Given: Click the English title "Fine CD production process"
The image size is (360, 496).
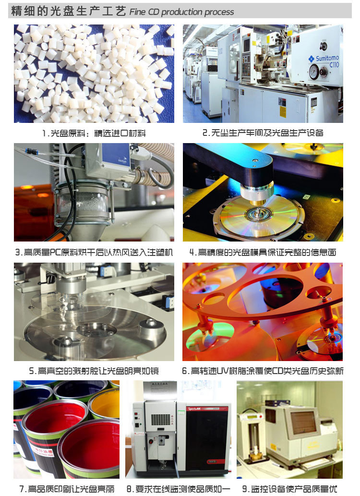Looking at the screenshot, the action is (x=181, y=12).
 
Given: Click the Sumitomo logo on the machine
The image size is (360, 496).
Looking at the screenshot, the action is (x=324, y=58).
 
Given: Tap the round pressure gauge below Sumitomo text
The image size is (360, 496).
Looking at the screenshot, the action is (x=314, y=72).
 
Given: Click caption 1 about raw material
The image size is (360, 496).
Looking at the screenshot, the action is (x=94, y=133).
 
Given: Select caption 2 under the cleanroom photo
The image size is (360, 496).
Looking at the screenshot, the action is (x=263, y=133).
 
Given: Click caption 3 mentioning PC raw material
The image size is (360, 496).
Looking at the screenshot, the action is (x=94, y=252).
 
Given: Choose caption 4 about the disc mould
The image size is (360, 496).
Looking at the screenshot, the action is (x=263, y=252).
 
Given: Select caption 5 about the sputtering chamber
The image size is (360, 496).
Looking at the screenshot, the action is (x=94, y=371).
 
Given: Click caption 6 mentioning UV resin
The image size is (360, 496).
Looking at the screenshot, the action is (x=263, y=371).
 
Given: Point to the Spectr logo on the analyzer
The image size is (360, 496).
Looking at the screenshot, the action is (x=194, y=409).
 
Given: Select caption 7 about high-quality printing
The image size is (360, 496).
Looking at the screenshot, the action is (x=67, y=489).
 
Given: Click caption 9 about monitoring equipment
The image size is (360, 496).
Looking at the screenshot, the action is (x=290, y=489).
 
